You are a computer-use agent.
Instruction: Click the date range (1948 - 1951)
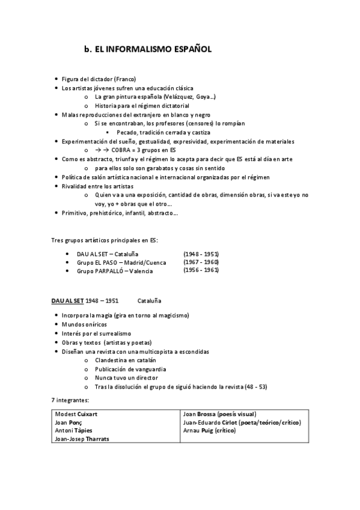click(x=201, y=254)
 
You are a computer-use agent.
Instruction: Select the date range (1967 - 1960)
click(x=201, y=262)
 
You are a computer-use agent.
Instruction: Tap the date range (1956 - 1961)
click(x=201, y=271)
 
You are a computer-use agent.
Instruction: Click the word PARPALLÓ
click(x=106, y=271)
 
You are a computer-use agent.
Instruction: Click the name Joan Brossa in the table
click(x=200, y=414)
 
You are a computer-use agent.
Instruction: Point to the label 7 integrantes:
click(x=69, y=399)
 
